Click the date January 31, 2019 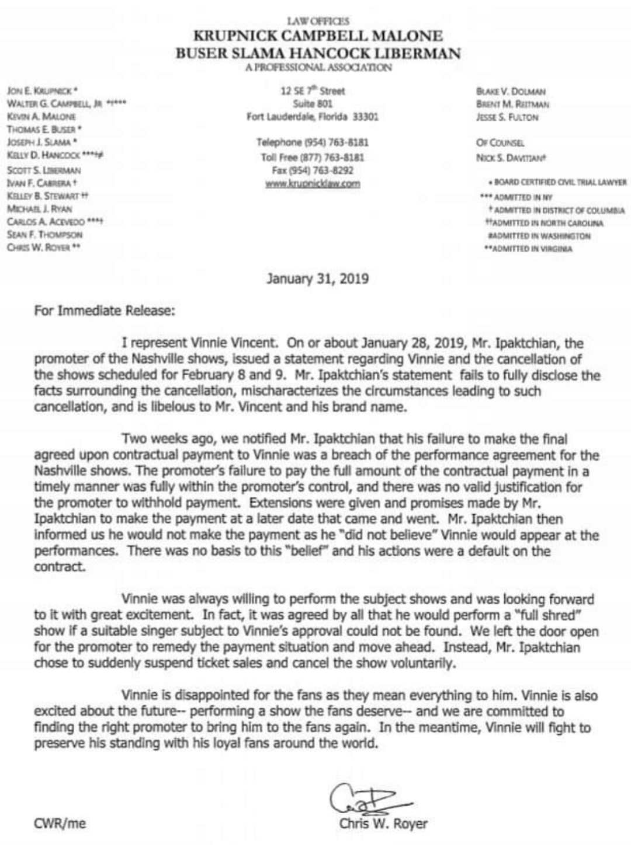coord(317,278)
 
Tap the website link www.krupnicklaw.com coord(313,183)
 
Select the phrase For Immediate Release coord(104,310)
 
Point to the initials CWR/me coord(60,824)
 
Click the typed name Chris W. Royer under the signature coord(383,824)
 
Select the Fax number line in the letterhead coord(313,170)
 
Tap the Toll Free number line coord(313,157)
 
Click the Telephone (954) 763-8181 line coord(313,142)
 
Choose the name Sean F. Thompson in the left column coord(44,234)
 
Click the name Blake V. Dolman coord(511,92)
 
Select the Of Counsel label coord(501,142)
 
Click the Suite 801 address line coord(313,103)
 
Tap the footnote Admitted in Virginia coord(528,249)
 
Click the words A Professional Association coord(318,68)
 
